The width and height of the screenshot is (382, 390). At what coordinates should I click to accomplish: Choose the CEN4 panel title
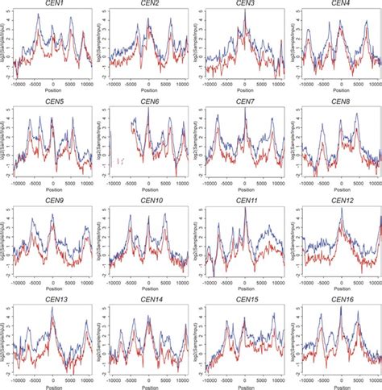tap(341, 5)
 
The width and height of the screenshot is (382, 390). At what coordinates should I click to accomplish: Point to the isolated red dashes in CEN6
tap(119, 161)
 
